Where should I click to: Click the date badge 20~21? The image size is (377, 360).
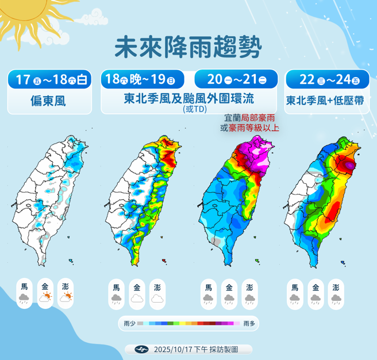point(236,79)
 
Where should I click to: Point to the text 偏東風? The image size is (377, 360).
point(49,101)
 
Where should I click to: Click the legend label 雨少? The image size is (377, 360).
point(129,324)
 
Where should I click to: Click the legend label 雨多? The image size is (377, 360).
point(248,324)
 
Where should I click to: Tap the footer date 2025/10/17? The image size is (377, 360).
point(175,349)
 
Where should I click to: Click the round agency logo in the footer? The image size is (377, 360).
point(141,349)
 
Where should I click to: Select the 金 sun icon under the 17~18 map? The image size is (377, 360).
point(45,297)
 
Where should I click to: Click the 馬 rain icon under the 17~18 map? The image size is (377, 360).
point(24,297)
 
